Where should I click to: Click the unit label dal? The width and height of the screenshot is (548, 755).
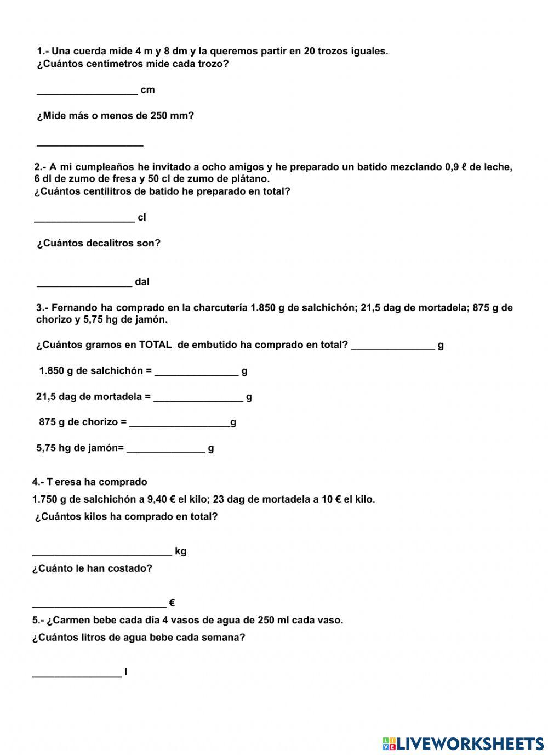click(142, 282)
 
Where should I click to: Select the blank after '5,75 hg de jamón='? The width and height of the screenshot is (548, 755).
click(165, 448)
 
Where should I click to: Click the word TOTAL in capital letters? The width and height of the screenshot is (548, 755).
click(155, 345)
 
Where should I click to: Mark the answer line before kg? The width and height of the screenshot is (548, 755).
click(102, 551)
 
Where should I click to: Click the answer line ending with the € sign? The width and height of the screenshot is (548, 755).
click(99, 603)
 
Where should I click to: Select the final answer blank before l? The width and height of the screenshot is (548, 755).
click(77, 672)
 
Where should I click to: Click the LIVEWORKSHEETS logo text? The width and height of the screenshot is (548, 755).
click(470, 743)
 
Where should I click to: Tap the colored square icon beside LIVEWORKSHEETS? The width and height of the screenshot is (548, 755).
click(389, 743)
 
